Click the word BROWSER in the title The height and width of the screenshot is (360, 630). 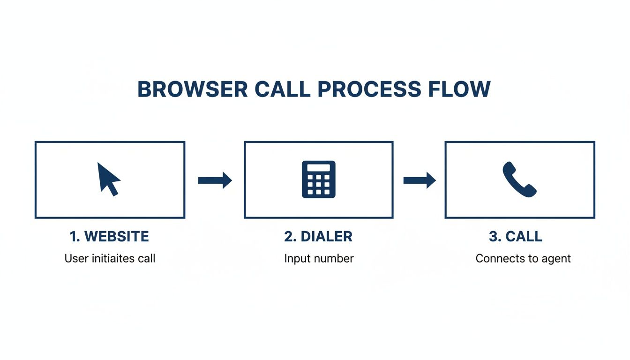tap(192, 89)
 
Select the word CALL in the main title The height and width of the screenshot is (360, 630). tap(283, 89)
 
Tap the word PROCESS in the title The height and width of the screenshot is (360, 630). tap(368, 89)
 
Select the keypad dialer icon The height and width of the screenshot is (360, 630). tap(318, 180)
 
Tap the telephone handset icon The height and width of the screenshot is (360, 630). tap(519, 180)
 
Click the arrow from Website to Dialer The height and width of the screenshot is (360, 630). tap(215, 180)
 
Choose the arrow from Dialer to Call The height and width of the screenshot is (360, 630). tap(419, 180)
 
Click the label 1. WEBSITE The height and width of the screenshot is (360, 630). tap(109, 237)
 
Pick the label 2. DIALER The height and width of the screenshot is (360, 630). tap(318, 237)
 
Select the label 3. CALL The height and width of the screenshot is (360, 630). tap(516, 237)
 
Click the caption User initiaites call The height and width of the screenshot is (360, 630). tap(110, 258)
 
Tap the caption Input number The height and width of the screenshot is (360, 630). tap(319, 258)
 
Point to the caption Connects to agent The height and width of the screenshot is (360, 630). tap(523, 258)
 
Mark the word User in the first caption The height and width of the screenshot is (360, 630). tap(75, 258)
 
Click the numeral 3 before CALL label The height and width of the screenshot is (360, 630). tap(493, 237)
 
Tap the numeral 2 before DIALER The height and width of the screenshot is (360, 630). tap(288, 237)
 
